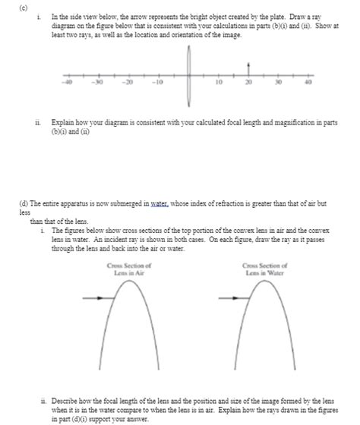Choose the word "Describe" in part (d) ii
[67, 397]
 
